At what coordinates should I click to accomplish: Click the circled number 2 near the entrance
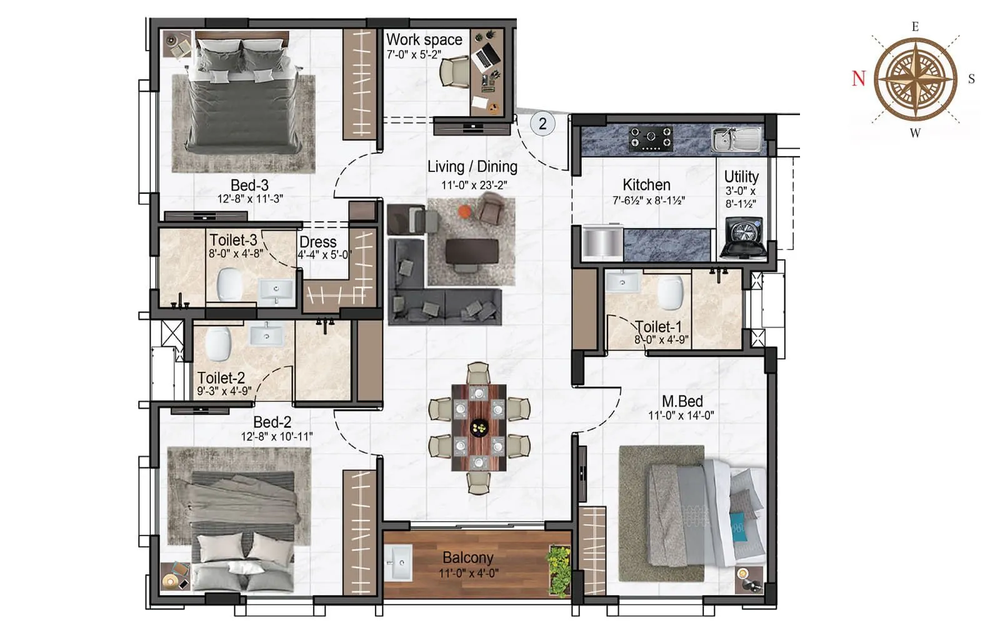pyautogui.click(x=542, y=124)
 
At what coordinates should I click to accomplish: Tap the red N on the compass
pyautogui.click(x=859, y=79)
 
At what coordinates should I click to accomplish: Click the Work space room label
pyautogui.click(x=424, y=39)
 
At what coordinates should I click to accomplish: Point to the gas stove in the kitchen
pyautogui.click(x=651, y=139)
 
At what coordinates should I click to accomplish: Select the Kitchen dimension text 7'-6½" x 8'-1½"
pyautogui.click(x=648, y=201)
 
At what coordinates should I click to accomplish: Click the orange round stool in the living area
pyautogui.click(x=465, y=211)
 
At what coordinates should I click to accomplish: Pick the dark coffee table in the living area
pyautogui.click(x=472, y=251)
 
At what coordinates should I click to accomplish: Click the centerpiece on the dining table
pyautogui.click(x=479, y=428)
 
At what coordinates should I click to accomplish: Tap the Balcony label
pyautogui.click(x=468, y=557)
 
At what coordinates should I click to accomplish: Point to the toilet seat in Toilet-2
pyautogui.click(x=217, y=344)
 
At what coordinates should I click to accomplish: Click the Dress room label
pyautogui.click(x=317, y=242)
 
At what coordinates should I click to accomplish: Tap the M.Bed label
pyautogui.click(x=682, y=401)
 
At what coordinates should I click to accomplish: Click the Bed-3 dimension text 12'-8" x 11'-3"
pyautogui.click(x=250, y=199)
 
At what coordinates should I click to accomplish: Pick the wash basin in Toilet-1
pyautogui.click(x=622, y=282)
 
